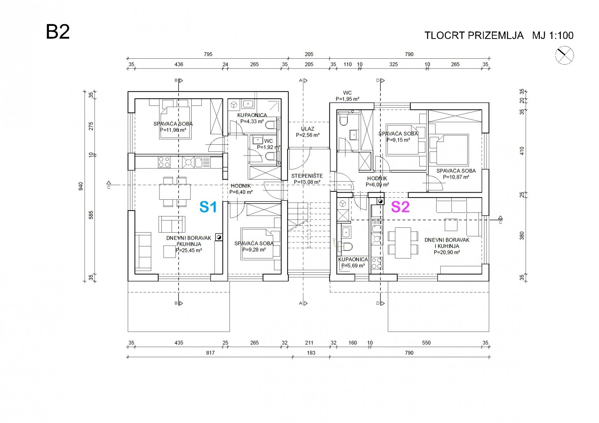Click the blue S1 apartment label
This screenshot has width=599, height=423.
[x=208, y=207]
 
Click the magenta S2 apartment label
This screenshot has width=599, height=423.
[x=400, y=207]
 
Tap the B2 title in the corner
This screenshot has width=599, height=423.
[x=58, y=32]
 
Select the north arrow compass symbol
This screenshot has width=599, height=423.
[x=564, y=55]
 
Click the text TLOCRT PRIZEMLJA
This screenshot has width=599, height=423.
[x=474, y=36]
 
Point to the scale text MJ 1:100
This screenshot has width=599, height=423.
[x=553, y=36]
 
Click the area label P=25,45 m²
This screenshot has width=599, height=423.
[x=189, y=250]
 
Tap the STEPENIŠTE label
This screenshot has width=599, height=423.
[x=307, y=176]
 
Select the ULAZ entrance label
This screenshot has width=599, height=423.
[x=307, y=129]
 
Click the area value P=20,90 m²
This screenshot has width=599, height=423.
[x=447, y=252]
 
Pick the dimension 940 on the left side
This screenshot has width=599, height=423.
[x=81, y=186]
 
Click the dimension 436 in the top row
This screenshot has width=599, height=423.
[x=179, y=64]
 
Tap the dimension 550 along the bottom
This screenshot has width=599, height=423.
[x=426, y=343]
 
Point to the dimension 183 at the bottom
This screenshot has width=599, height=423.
[x=311, y=353]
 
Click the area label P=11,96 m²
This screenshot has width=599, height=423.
[x=173, y=130]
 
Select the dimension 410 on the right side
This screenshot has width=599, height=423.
[x=522, y=151]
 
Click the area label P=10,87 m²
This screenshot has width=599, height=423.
[x=456, y=177]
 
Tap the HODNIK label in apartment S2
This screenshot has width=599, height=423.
[x=377, y=178]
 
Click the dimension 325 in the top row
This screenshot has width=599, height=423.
[x=393, y=64]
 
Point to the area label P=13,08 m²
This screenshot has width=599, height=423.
[x=307, y=182]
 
